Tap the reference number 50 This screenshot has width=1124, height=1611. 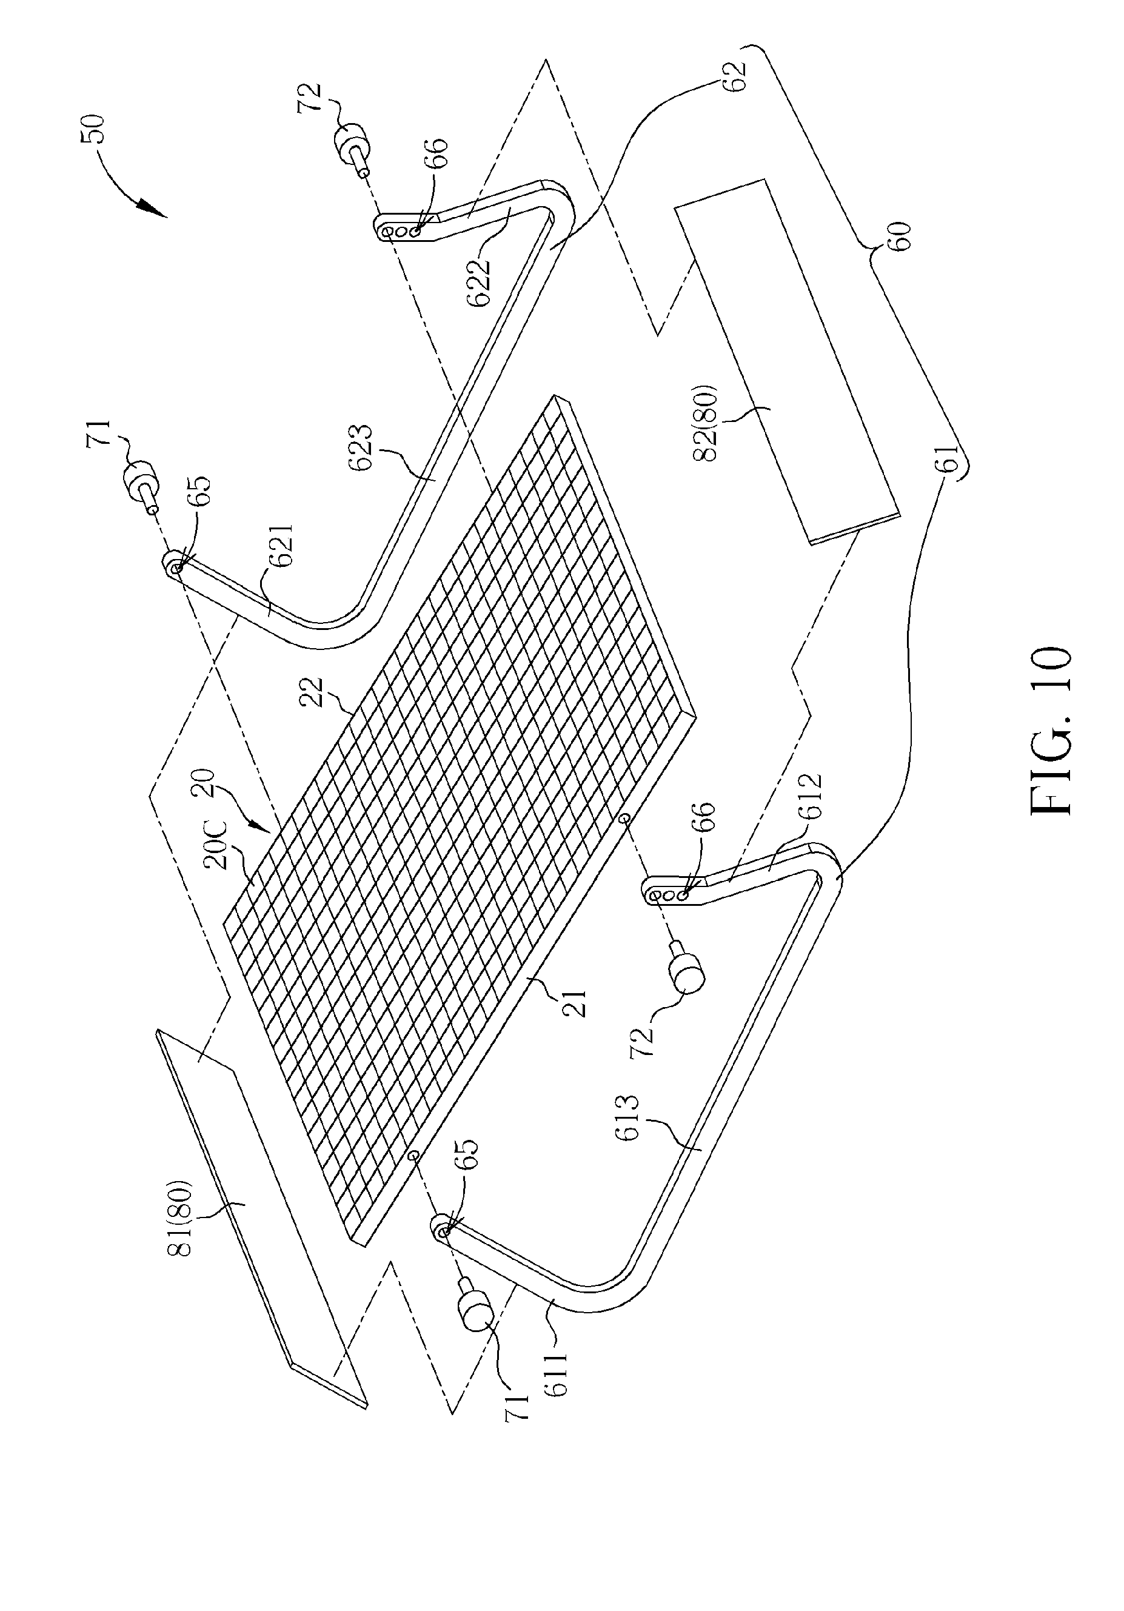(93, 129)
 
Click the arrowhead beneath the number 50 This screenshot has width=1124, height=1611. (153, 207)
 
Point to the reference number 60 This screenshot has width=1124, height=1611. (902, 236)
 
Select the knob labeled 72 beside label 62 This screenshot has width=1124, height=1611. (352, 148)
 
